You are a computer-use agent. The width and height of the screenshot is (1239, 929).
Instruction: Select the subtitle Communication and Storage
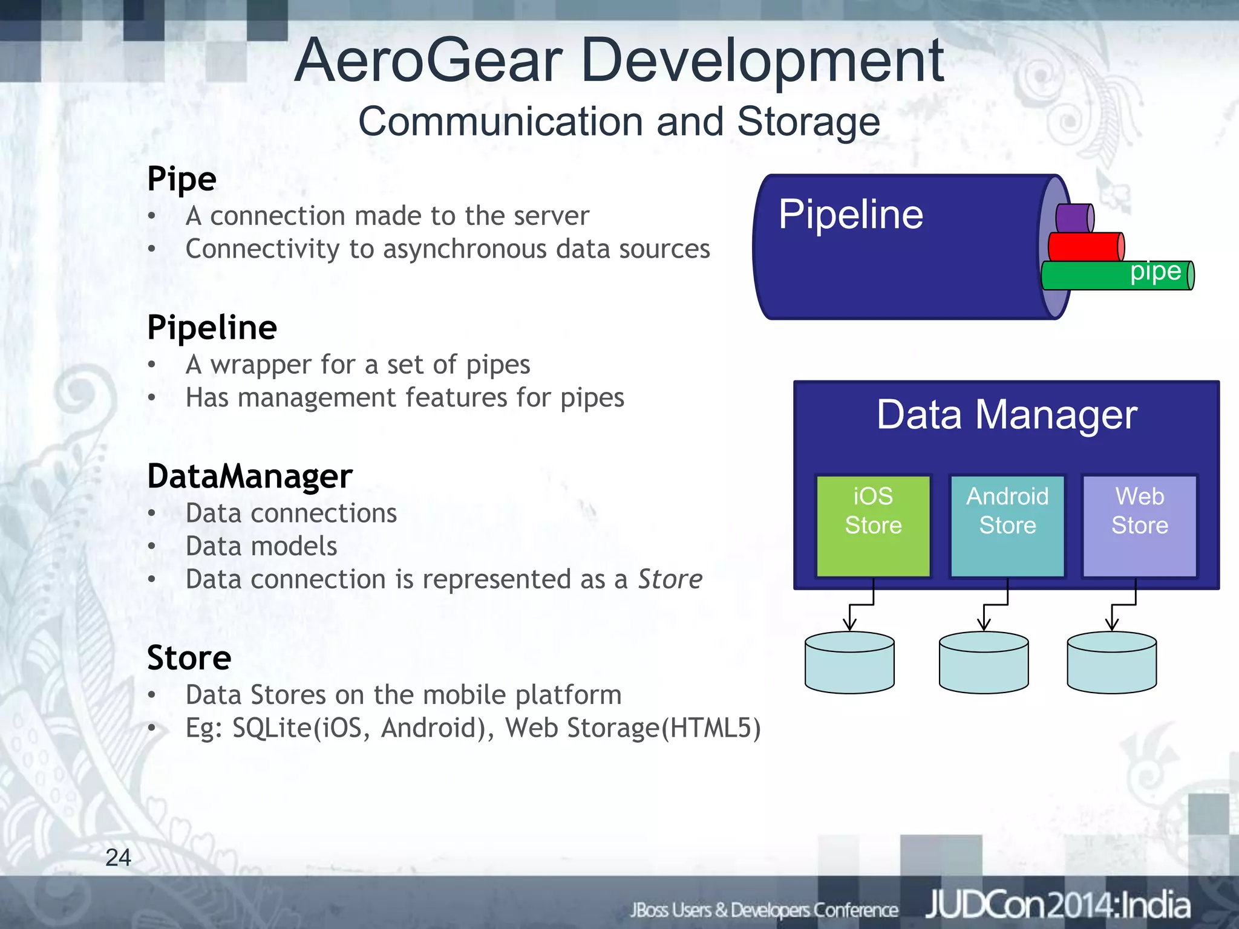pos(618,122)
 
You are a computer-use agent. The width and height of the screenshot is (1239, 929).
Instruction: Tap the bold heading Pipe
pos(181,179)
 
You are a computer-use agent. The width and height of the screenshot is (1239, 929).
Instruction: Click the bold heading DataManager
pos(249,476)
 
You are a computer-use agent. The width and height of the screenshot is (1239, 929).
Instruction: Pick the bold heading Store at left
pos(189,657)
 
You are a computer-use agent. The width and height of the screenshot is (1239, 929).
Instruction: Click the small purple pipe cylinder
pos(1074,218)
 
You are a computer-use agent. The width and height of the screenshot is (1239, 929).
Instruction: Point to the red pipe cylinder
pos(1085,247)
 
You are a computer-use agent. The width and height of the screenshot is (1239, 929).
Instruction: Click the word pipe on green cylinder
pos(1155,272)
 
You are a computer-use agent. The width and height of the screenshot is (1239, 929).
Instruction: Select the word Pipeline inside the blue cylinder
pos(850,215)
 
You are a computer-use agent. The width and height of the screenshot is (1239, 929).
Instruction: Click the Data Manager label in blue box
pos(1006,415)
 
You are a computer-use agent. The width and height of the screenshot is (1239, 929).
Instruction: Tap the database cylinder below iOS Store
pos(849,663)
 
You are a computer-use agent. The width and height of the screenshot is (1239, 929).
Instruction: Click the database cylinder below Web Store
pos(1111,663)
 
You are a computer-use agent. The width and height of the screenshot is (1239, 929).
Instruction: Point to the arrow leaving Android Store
pos(996,605)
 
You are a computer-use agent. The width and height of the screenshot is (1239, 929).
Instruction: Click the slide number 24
pos(118,857)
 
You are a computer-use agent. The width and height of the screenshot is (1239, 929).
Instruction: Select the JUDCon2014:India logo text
pos(1058,905)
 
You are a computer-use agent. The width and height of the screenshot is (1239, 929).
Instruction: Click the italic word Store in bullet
pos(670,579)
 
